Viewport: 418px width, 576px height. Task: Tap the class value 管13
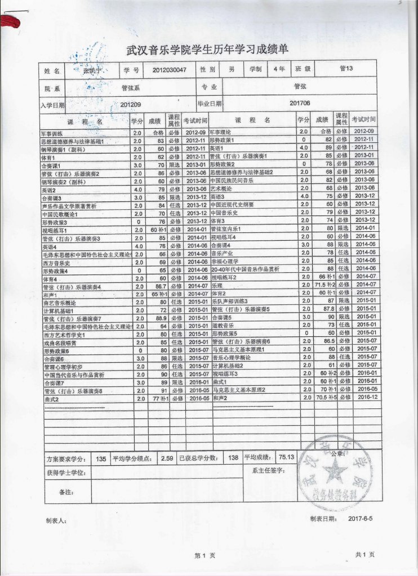(x=346, y=69)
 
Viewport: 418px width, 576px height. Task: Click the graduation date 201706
(x=300, y=103)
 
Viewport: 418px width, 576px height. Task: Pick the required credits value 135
(x=101, y=458)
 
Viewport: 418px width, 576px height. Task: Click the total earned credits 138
(x=233, y=458)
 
